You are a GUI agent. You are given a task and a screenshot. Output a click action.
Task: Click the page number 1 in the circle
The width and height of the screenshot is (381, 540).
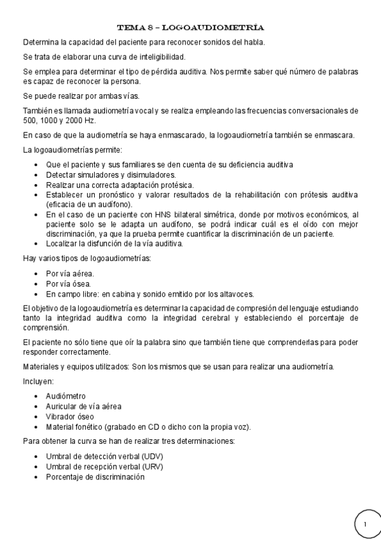366,523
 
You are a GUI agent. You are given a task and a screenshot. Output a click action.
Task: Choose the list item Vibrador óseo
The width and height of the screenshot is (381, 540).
71,416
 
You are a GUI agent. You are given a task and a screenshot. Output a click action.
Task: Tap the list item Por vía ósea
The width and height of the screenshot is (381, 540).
68,283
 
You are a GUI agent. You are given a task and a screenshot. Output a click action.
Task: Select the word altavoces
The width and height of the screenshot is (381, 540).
236,294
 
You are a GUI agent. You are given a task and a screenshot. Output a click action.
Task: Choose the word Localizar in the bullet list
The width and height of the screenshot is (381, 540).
64,244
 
